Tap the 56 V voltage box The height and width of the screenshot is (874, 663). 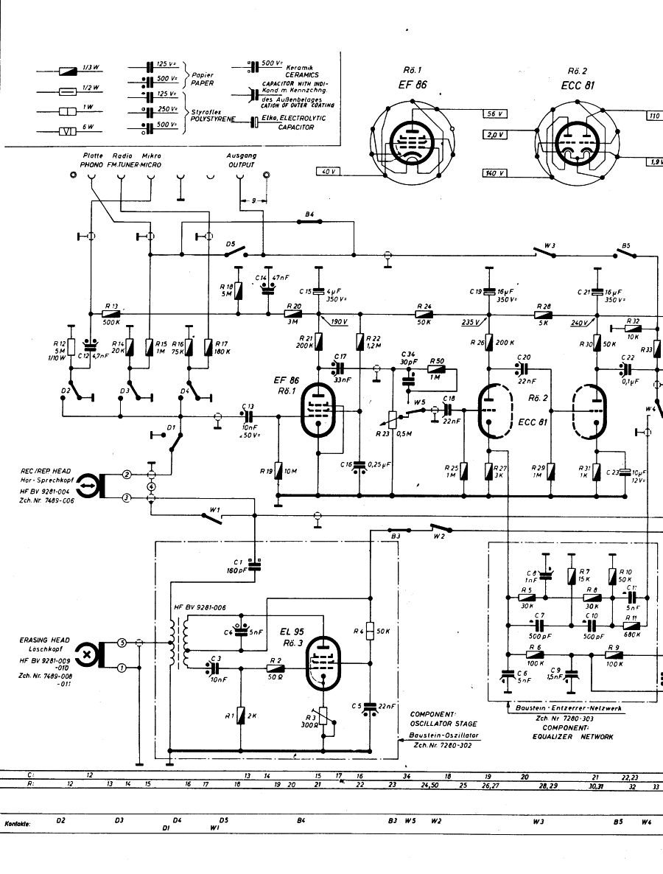(494, 113)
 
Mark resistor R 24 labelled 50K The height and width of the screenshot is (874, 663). (424, 313)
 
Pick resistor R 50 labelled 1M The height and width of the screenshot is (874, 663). (436, 368)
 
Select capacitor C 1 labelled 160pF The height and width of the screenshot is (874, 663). (255, 564)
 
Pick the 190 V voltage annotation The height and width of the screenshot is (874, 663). (340, 322)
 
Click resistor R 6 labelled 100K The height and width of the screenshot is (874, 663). (535, 654)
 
